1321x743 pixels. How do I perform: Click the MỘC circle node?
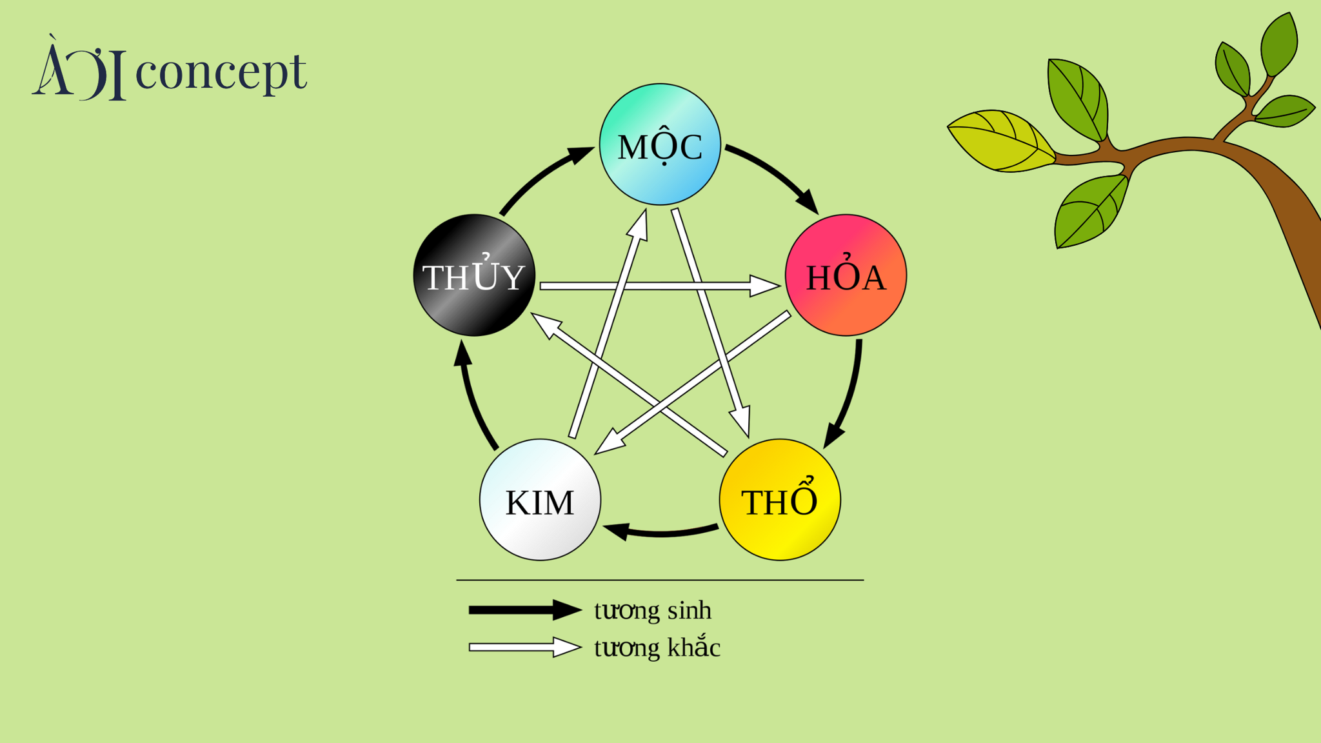tap(660, 144)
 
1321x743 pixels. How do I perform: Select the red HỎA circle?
tap(846, 275)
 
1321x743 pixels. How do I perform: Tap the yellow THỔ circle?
tap(780, 500)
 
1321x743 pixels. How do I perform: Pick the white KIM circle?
tap(540, 500)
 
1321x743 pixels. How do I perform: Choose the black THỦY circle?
tap(474, 275)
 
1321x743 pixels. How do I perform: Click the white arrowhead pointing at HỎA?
tap(764, 286)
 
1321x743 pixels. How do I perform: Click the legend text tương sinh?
tap(652, 610)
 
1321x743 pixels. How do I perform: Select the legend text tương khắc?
tap(657, 648)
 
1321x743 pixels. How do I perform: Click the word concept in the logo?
tap(221, 72)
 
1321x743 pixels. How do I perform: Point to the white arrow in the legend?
tap(524, 647)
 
